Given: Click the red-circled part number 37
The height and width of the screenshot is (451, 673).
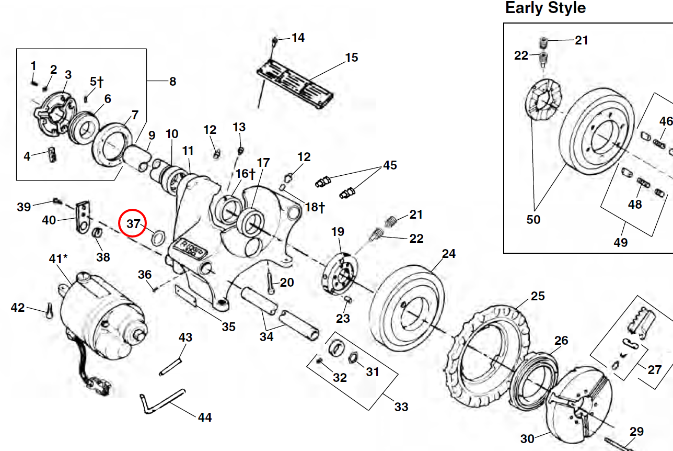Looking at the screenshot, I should point(133,224).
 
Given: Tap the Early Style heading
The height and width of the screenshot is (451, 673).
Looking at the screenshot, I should point(546,8).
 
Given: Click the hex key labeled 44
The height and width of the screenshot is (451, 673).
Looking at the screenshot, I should point(162,398).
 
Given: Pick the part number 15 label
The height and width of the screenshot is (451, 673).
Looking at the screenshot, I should point(352,57).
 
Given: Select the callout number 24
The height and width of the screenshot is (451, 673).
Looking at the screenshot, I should point(449,254).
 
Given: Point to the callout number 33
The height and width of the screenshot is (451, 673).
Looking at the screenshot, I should point(401,407).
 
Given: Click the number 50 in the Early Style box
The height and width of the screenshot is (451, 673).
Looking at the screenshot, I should point(533,219).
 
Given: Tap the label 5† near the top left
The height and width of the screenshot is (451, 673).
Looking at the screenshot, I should point(97,82).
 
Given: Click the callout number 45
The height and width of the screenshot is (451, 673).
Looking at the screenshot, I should point(390,165).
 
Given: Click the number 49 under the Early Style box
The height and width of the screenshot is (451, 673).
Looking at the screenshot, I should point(621,242).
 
